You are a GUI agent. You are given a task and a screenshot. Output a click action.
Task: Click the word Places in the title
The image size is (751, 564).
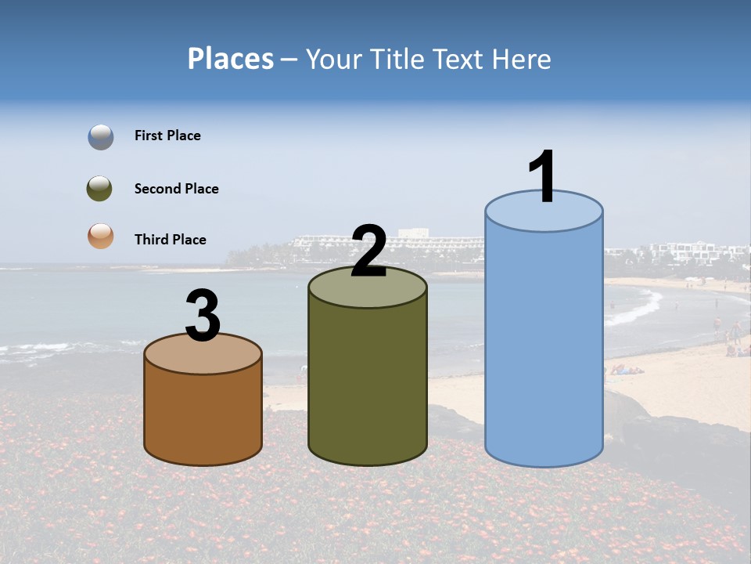pos(231,59)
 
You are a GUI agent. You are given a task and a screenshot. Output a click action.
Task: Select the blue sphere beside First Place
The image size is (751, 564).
pos(101,137)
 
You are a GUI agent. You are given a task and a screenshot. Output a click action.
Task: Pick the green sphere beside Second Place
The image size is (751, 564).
pos(99,188)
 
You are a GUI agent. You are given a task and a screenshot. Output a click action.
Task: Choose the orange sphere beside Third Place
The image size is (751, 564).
pos(100,237)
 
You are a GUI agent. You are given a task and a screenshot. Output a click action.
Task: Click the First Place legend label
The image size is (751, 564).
pos(167,136)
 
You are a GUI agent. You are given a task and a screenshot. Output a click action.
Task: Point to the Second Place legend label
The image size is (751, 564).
pos(176,189)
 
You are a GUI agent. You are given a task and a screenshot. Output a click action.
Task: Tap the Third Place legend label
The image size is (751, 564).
pos(170,240)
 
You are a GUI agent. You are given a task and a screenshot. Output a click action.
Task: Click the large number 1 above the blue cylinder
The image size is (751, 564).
pos(542,176)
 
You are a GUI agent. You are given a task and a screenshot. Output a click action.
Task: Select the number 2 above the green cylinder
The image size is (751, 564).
pos(368,251)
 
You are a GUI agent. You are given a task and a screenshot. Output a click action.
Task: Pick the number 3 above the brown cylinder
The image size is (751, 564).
pos(203,316)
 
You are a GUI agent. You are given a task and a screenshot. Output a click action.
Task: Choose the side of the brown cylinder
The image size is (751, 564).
pos(203,415)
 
